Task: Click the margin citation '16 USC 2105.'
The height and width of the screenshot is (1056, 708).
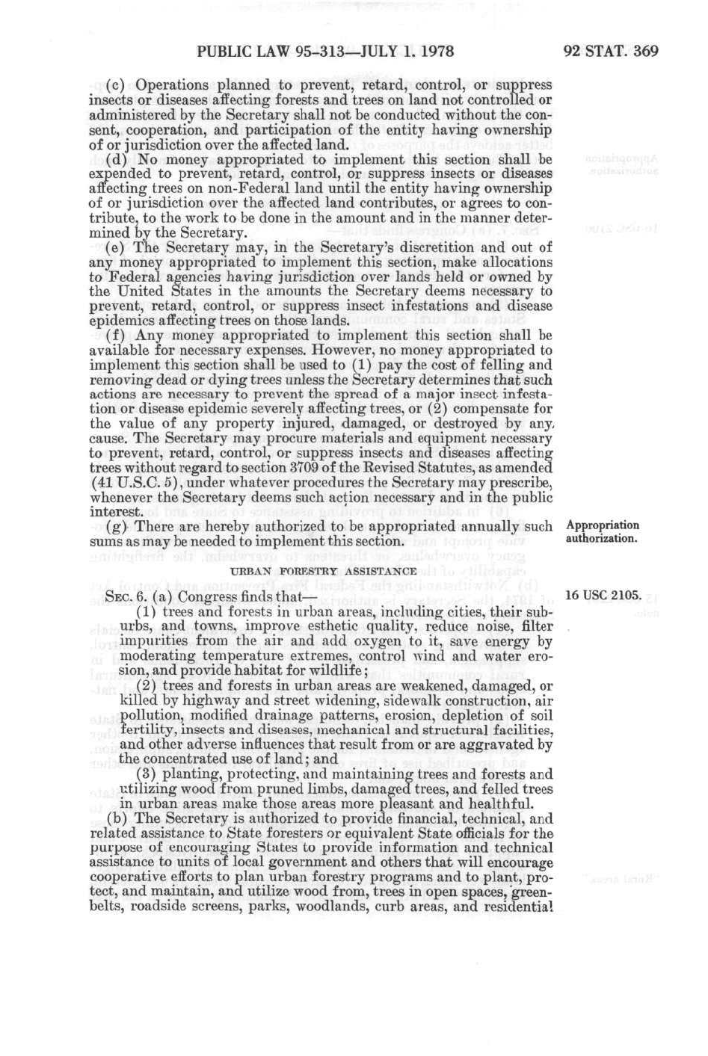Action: (603, 596)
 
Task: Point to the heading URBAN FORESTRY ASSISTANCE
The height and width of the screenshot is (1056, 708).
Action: (323, 572)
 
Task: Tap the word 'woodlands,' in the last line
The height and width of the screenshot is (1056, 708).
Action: (333, 907)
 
